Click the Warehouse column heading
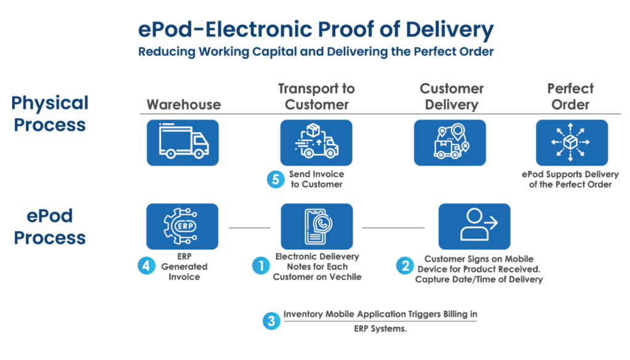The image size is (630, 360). pos(183,105)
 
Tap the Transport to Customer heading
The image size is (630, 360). pos(316,97)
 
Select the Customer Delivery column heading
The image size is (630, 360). pos(451,97)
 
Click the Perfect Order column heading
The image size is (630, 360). pos(570,97)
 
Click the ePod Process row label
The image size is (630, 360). pos(50,226)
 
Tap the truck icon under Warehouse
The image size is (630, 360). pos(183,142)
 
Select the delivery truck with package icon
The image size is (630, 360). pos(316,142)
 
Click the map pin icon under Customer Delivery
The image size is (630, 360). pos(450,142)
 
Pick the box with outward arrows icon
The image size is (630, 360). pos(572,142)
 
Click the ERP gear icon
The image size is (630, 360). pos(182,226)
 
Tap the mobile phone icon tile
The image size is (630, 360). pos(316,226)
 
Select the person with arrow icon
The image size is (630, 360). pos(474,226)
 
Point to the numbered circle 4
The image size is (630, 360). pos(145,267)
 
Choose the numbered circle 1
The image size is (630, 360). pos(261,266)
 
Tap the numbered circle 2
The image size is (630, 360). pos(404,266)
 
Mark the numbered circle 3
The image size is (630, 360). pos(271,321)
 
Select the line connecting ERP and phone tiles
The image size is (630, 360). pos(249,228)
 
